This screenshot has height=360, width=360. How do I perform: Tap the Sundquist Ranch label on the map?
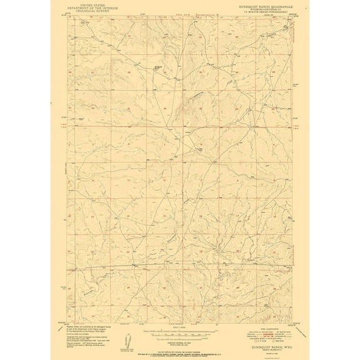click(159, 67)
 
